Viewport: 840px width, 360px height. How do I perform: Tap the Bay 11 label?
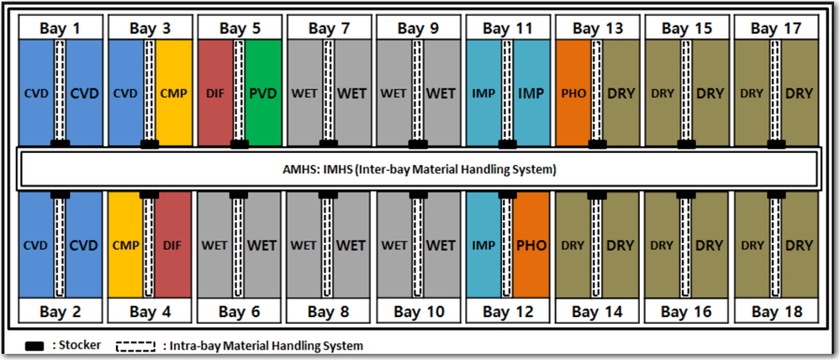click(507, 28)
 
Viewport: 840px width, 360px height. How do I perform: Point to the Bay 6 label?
click(239, 312)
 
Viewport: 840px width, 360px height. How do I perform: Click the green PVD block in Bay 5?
click(263, 93)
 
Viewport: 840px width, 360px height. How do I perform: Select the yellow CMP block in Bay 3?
click(173, 93)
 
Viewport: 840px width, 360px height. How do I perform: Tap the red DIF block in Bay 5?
click(214, 93)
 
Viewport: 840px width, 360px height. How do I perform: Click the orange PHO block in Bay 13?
click(573, 93)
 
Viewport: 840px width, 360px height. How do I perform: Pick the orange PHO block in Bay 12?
click(531, 245)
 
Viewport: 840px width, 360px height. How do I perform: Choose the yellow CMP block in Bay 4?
click(124, 245)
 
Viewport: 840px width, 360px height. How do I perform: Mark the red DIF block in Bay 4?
click(172, 245)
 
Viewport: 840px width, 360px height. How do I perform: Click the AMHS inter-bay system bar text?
click(419, 169)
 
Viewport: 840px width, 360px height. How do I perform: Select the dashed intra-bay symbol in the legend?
click(137, 345)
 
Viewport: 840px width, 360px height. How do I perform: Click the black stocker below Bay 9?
click(418, 145)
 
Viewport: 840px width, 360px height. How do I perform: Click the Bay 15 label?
click(686, 28)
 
